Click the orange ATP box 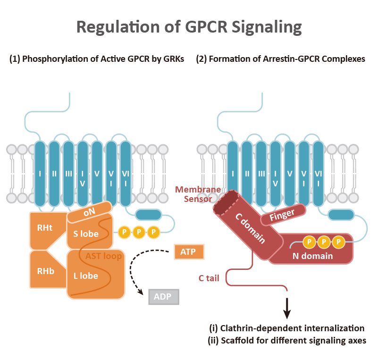189,252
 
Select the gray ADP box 163,297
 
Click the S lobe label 86,234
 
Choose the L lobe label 85,276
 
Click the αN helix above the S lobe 90,212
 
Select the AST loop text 103,256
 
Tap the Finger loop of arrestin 283,215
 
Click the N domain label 312,256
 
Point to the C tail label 209,278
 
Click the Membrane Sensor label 198,194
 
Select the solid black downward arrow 286,309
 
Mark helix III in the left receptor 68,174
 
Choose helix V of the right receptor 290,174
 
